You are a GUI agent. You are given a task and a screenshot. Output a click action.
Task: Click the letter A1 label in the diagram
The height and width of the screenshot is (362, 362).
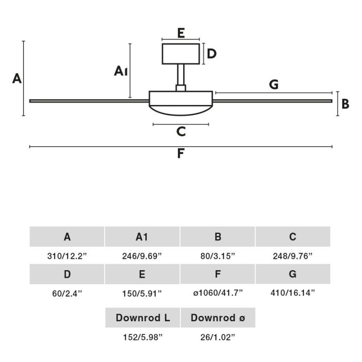pyautogui.click(x=121, y=71)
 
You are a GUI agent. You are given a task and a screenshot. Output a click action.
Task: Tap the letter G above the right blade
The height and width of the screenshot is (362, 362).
pyautogui.click(x=274, y=85)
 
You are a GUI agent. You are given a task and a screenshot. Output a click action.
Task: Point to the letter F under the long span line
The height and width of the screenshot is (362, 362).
pyautogui.click(x=181, y=153)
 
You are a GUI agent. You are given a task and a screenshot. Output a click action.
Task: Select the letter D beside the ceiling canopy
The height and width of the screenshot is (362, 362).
pyautogui.click(x=212, y=54)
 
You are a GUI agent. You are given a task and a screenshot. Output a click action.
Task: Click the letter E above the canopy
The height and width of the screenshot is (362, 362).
pyautogui.click(x=181, y=33)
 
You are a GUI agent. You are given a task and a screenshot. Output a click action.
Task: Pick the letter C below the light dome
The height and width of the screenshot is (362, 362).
pyautogui.click(x=181, y=132)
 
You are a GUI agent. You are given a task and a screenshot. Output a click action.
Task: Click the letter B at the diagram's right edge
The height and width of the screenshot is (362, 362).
pyautogui.click(x=345, y=104)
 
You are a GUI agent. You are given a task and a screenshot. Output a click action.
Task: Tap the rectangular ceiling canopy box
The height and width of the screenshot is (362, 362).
pyautogui.click(x=181, y=54)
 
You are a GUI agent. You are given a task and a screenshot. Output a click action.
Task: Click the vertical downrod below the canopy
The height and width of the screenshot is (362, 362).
pyautogui.click(x=181, y=75)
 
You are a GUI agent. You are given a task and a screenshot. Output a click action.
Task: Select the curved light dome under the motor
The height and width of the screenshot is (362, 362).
pyautogui.click(x=181, y=114)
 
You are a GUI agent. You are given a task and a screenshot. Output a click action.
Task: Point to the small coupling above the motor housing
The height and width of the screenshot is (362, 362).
pyautogui.click(x=181, y=88)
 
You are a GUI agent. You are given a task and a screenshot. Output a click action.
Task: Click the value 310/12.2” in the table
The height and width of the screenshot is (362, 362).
pyautogui.click(x=67, y=256)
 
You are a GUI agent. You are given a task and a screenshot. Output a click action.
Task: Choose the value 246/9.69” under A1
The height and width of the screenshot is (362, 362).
pyautogui.click(x=142, y=256)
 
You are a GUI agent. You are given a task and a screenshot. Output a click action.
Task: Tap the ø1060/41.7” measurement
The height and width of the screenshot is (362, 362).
pyautogui.click(x=218, y=293)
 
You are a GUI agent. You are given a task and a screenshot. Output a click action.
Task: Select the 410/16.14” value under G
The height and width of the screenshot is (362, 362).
pyautogui.click(x=293, y=293)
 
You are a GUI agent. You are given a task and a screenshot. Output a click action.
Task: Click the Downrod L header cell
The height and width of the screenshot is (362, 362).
pyautogui.click(x=143, y=318)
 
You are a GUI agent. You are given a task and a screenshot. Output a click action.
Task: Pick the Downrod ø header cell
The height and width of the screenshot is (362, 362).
pyautogui.click(x=218, y=318)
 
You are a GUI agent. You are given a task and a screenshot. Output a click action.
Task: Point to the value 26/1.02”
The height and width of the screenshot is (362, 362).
pyautogui.click(x=218, y=337)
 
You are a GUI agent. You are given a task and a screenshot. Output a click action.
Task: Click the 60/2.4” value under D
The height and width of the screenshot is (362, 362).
pyautogui.click(x=67, y=293)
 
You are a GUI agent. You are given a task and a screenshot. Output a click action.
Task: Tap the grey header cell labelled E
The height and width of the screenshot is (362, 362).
pyautogui.click(x=142, y=274)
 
